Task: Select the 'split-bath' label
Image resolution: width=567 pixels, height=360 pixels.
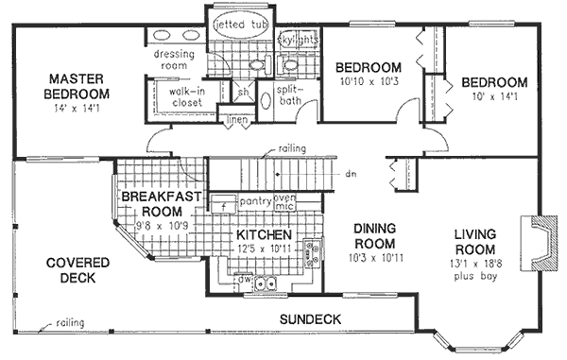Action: pos(288,95)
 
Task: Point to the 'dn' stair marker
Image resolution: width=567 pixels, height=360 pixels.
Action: pos(350,174)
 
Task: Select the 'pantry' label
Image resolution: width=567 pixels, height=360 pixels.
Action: pos(252,201)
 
